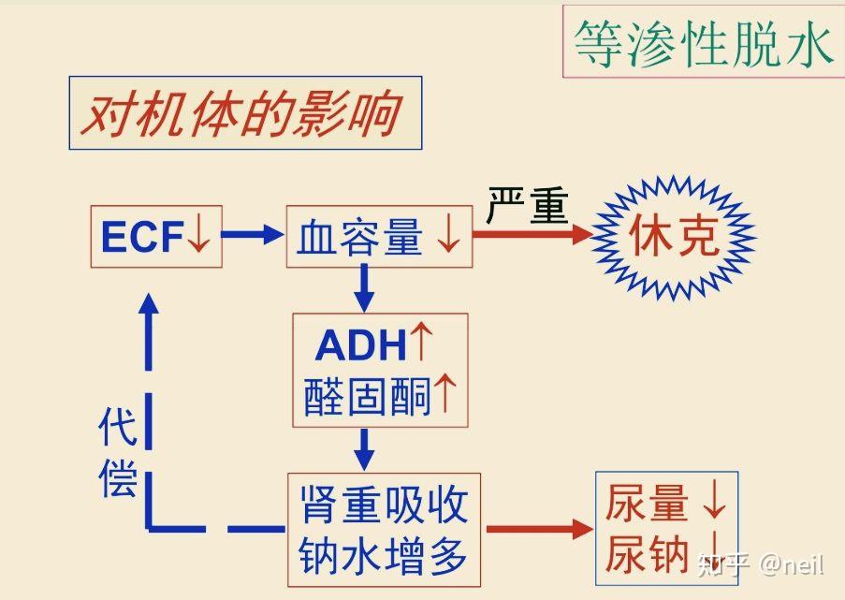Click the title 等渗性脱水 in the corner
(x=703, y=43)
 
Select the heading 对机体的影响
(x=244, y=114)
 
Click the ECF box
(x=156, y=237)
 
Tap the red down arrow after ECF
(x=199, y=237)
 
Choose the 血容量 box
(x=379, y=237)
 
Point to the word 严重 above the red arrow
(x=527, y=204)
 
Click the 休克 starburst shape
(x=675, y=235)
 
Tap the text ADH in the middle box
(x=361, y=346)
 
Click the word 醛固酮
(x=367, y=398)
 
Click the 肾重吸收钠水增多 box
(x=384, y=529)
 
